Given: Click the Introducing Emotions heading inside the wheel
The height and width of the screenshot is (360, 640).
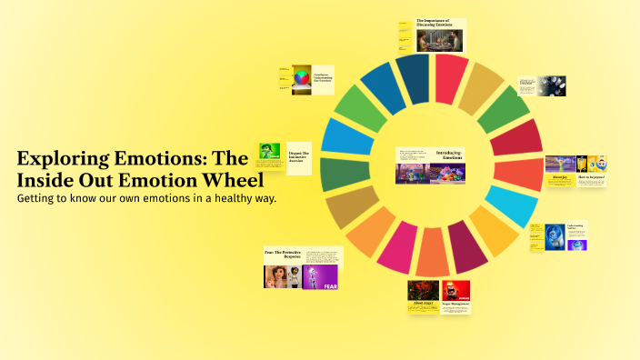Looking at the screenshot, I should click(x=450, y=155).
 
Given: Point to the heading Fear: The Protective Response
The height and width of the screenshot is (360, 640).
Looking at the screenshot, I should click(x=284, y=254).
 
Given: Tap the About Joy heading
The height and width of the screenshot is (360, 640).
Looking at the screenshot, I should click(x=558, y=177).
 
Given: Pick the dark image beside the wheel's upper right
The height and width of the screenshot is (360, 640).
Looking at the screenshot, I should click(x=551, y=85).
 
